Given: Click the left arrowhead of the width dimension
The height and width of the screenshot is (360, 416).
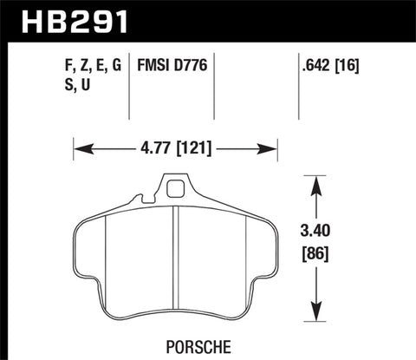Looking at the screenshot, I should (x=79, y=148).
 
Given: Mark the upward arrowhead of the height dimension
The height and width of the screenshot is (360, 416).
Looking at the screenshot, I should (x=318, y=180).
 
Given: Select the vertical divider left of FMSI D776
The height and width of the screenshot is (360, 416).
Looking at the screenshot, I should (x=130, y=87).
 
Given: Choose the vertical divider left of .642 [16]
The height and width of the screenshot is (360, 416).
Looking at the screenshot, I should (x=299, y=87).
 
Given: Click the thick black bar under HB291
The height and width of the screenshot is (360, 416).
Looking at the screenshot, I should (x=208, y=39).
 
